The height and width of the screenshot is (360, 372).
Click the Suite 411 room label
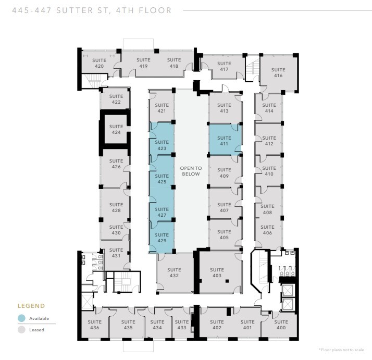coord(224,141)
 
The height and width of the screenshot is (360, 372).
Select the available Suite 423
coord(162,145)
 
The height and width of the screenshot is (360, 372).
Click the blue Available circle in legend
coord(22,318)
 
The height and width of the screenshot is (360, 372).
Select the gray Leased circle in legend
coord(22,329)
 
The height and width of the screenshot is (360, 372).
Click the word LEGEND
coord(31,306)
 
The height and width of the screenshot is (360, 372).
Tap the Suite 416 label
coord(278,72)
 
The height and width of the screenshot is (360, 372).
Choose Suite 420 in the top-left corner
coord(99,63)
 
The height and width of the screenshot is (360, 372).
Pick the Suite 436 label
coord(94,325)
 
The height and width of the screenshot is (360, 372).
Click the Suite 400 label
coord(281,325)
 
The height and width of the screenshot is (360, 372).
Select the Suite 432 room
coord(174,272)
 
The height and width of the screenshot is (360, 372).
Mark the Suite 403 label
coord(217,272)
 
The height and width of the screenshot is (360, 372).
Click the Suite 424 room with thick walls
coord(116,129)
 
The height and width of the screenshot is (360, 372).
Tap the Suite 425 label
coord(162,179)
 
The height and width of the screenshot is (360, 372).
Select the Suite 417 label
coord(224,66)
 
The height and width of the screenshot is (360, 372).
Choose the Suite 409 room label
coord(224,173)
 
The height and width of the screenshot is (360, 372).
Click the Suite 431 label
coord(116,253)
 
